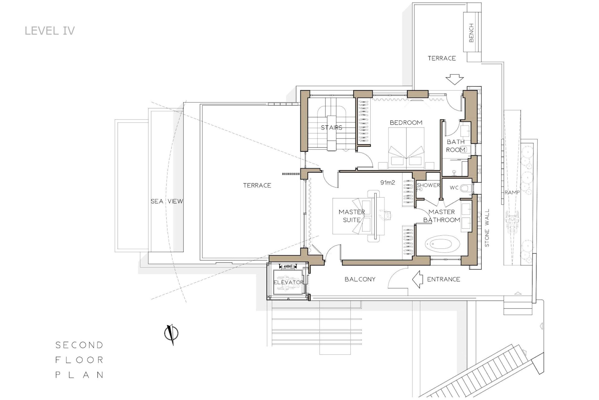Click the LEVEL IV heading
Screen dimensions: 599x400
[50, 31]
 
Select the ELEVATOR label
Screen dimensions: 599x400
[289, 282]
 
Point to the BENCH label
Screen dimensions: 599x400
[471, 33]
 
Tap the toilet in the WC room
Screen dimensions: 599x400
[465, 188]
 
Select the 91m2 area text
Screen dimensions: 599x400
[387, 182]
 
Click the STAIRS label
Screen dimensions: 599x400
[332, 127]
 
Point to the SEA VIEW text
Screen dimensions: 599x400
[167, 201]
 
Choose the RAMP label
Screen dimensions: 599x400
[512, 192]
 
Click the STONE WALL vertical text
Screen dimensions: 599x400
[487, 228]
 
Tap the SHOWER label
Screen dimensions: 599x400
[428, 185]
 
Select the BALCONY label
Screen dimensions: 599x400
[360, 279]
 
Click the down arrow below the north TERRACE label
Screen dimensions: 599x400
[454, 79]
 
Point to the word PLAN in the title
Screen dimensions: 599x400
[80, 375]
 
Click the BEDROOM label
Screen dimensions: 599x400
[406, 122]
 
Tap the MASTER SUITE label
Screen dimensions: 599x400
[352, 216]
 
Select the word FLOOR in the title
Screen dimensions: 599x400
[80, 360]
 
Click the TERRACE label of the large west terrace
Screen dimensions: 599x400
[257, 185]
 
